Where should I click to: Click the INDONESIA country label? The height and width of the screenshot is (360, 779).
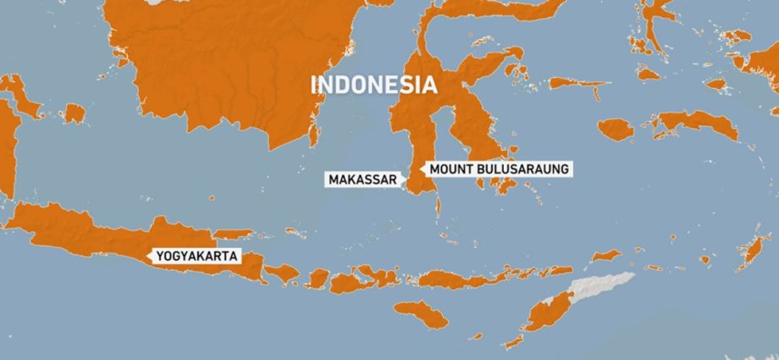[x=374, y=85]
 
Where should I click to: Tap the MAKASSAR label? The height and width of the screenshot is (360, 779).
[x=362, y=179]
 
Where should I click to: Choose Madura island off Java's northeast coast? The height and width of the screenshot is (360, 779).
[x=232, y=234]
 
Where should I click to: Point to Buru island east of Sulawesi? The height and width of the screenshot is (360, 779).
[x=616, y=129]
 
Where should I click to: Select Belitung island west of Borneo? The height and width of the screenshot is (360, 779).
[x=74, y=113]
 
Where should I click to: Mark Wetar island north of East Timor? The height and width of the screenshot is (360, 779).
[x=605, y=255]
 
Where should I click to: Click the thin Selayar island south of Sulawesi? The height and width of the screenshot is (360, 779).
[x=438, y=209]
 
